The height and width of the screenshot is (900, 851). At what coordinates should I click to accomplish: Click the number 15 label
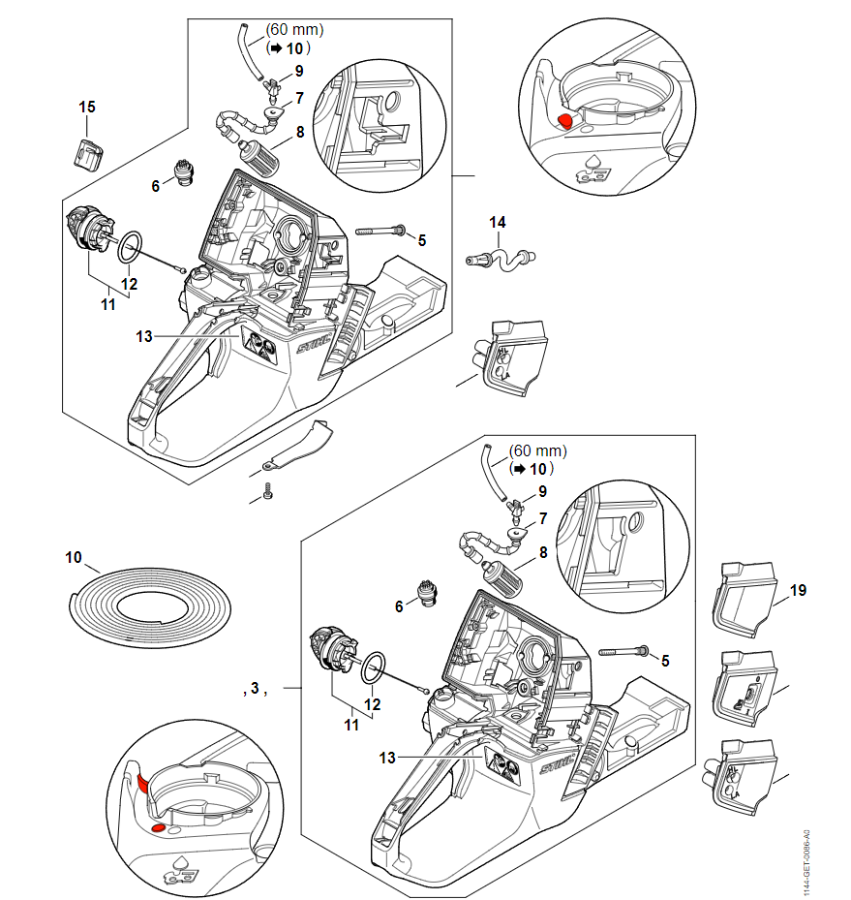(x=87, y=105)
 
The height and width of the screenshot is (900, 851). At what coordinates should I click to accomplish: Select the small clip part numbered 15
(x=89, y=152)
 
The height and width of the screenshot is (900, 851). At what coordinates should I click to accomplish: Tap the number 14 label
(x=497, y=223)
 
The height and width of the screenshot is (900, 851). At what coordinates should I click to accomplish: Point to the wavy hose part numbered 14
(x=501, y=259)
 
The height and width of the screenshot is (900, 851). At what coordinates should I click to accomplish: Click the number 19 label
(x=798, y=589)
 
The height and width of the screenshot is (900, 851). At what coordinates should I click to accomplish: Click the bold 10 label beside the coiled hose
(x=74, y=558)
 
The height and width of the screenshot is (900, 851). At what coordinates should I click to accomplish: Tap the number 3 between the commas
(x=254, y=689)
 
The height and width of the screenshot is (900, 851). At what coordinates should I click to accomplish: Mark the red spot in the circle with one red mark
(x=564, y=120)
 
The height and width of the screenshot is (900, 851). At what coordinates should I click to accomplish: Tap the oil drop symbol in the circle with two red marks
(x=181, y=861)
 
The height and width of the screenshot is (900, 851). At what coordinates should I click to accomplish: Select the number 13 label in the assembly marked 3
(x=387, y=758)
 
